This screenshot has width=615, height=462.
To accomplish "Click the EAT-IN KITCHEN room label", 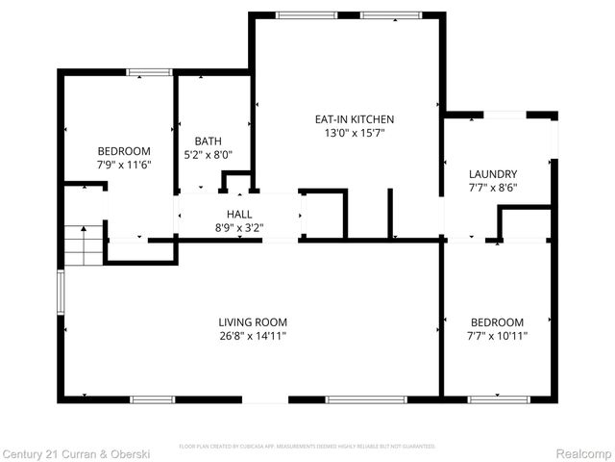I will pos(355,119).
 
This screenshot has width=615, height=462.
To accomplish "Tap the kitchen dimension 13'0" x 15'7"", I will pos(355,134).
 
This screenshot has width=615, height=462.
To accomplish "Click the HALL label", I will pos(239,214).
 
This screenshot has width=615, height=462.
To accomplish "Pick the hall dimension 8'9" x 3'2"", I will pos(239,228).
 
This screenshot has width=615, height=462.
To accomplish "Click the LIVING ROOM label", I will pos(253,322).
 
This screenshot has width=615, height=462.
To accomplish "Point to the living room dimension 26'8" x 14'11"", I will pos(253,336).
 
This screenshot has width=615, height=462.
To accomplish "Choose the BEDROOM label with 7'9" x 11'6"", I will pos(124,151).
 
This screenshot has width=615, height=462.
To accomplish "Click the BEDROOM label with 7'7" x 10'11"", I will pos(497,322).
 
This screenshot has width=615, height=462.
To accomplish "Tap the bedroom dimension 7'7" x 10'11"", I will pos(497,336).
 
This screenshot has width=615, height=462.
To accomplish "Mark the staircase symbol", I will pos(84,244).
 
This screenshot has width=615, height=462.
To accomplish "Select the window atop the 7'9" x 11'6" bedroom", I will pos(150,71).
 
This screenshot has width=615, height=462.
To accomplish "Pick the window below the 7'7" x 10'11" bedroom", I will pos(498,398).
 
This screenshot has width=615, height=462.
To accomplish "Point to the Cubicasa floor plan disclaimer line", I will pos(307,447).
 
